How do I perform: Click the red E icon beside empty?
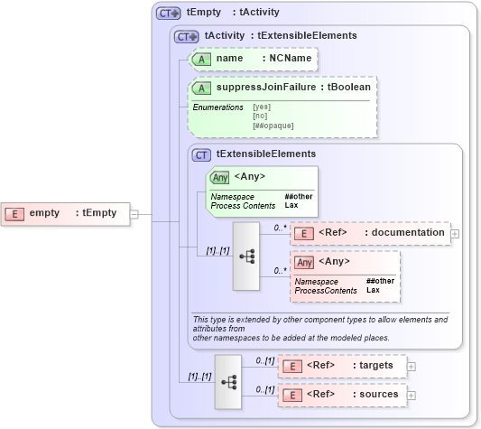[15, 213]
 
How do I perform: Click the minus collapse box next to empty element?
[134, 214]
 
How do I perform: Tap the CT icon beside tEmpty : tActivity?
[169, 14]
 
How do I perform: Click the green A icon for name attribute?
[203, 58]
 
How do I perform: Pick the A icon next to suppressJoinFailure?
[203, 89]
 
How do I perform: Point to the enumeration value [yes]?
[261, 107]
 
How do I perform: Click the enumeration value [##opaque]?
[273, 126]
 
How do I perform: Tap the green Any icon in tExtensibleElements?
[219, 177]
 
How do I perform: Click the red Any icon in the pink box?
[305, 262]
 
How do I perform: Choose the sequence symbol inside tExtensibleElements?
[247, 256]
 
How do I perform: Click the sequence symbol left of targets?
[228, 381]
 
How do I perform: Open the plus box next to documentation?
[455, 233]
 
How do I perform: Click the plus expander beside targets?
[412, 366]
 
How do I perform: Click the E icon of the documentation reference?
[305, 233]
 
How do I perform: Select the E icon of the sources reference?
[291, 395]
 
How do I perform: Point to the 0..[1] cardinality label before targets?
[264, 361]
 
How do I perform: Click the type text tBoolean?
[350, 89]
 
